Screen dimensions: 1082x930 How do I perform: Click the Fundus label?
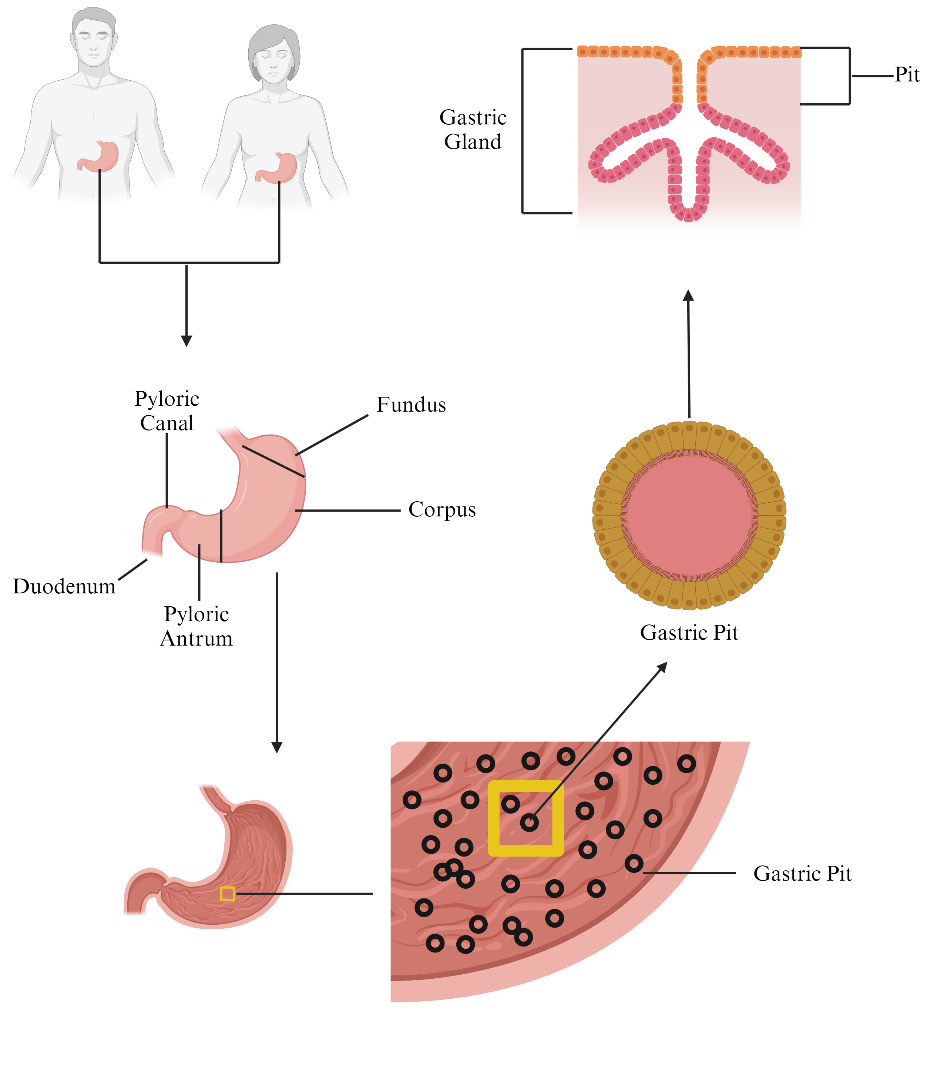click(411, 405)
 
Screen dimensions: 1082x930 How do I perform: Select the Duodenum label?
click(64, 586)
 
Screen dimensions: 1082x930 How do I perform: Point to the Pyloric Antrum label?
click(197, 626)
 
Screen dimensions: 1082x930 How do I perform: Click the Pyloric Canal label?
click(167, 411)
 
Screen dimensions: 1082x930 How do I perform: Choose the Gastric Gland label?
click(473, 130)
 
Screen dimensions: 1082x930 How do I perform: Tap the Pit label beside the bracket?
click(907, 75)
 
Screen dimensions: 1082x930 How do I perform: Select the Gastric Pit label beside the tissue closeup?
click(802, 874)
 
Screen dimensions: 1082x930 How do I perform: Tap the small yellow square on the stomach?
click(227, 894)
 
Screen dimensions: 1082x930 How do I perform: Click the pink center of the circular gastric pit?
click(689, 515)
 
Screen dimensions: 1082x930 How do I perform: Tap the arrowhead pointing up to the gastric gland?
click(688, 295)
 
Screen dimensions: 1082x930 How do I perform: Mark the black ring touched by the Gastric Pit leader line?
click(634, 864)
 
